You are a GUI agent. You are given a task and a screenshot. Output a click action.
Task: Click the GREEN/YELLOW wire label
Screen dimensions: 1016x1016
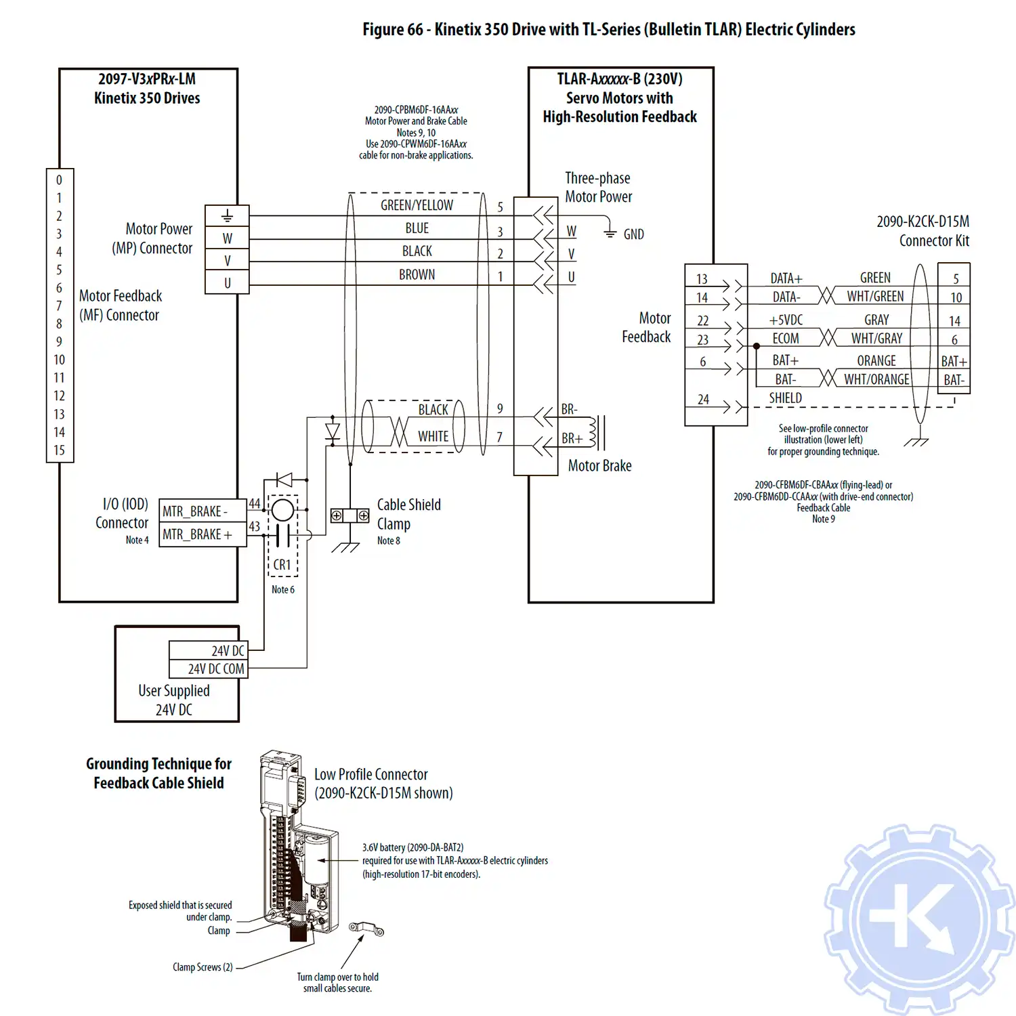coord(417,205)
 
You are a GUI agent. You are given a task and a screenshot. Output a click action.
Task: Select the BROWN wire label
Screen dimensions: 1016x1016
coord(417,274)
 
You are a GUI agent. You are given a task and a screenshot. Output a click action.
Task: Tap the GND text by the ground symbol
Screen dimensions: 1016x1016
coord(633,234)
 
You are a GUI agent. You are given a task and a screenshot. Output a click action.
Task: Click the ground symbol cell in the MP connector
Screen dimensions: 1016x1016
coord(227,216)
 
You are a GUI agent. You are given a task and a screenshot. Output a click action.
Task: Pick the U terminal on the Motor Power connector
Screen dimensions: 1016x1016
coord(227,283)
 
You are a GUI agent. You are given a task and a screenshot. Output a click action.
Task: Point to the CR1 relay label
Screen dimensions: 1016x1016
coord(282,564)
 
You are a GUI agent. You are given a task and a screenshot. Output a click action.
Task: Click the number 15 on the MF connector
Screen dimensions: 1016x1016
coord(60,450)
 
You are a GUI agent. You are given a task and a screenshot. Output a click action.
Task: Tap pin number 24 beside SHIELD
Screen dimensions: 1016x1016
coord(703,400)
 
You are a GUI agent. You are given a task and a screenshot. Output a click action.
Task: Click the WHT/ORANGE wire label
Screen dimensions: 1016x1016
coord(876,379)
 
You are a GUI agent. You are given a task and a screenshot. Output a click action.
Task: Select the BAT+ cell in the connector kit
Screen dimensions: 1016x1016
coord(954,361)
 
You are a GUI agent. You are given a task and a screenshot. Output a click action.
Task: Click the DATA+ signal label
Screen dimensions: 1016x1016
coord(786,278)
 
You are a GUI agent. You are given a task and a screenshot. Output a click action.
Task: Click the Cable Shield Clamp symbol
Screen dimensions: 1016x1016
coord(350,516)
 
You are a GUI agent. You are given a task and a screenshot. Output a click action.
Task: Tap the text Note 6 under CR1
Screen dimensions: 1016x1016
coord(282,590)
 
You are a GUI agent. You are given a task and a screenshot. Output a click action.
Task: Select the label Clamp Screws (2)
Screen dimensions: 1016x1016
coord(202,967)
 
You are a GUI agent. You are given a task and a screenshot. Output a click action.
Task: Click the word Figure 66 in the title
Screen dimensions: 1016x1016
coord(392,30)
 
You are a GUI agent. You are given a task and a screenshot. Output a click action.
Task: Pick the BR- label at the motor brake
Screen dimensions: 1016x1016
coord(569,409)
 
